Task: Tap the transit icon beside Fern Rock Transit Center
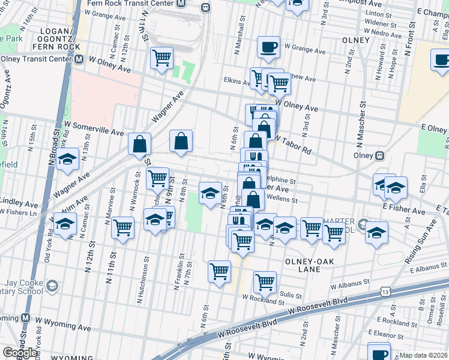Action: tap(206, 7)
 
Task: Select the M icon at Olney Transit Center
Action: tap(79, 60)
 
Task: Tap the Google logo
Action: tap(19, 353)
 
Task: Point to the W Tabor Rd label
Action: tap(294, 145)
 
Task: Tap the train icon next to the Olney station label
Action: tap(379, 155)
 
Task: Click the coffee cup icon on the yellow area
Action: tap(442, 59)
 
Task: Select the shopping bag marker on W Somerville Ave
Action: tap(139, 145)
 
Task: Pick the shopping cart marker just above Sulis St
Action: tap(265, 281)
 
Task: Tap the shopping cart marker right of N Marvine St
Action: tap(122, 227)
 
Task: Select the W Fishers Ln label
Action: tap(17, 212)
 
